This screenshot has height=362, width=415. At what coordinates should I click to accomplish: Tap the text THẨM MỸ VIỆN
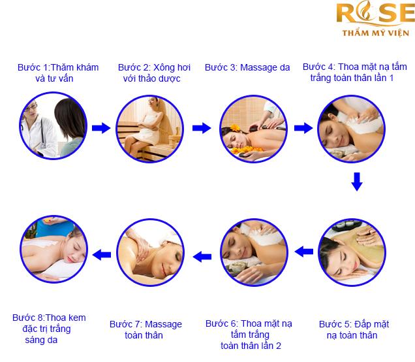click(376, 33)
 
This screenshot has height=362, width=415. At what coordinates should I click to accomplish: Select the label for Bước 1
click(58, 73)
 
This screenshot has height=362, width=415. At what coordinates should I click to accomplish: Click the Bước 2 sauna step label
click(154, 73)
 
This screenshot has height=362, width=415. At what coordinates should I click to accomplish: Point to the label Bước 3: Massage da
click(247, 67)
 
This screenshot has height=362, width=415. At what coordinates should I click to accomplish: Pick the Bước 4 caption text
click(355, 72)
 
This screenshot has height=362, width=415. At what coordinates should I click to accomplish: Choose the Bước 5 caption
click(354, 330)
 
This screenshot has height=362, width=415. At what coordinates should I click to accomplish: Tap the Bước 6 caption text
click(249, 335)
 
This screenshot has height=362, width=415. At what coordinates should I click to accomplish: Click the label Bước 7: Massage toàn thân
click(146, 330)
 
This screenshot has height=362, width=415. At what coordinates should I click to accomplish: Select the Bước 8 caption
click(49, 329)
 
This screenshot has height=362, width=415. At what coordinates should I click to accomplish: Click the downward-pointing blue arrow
click(357, 182)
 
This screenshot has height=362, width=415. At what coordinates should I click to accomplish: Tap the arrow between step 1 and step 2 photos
click(101, 128)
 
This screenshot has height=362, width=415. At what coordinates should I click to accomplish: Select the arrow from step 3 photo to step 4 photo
click(303, 128)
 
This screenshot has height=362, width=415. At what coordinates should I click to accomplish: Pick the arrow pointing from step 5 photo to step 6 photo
click(304, 251)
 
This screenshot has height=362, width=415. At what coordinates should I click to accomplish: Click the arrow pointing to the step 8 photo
click(102, 255)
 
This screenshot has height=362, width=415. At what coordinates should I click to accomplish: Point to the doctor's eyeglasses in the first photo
click(31, 107)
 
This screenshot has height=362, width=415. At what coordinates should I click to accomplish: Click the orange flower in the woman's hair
click(235, 127)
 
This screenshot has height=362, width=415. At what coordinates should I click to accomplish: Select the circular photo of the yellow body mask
click(352, 252)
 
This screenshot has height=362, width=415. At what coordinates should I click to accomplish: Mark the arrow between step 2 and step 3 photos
click(202, 128)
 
